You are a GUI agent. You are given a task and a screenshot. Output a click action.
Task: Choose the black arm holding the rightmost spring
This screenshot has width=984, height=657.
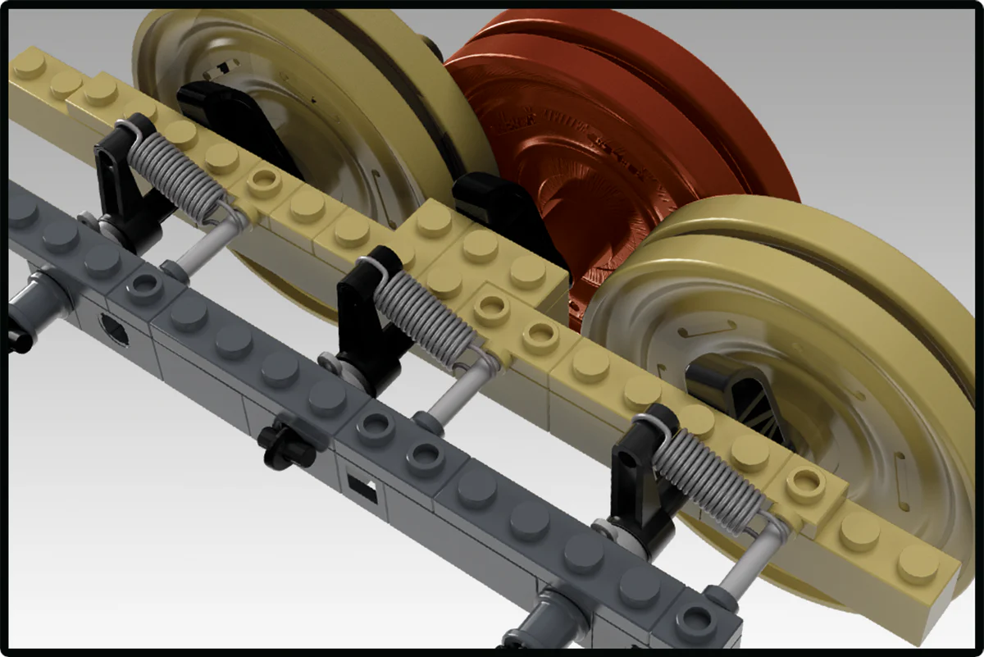tap(640, 476)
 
